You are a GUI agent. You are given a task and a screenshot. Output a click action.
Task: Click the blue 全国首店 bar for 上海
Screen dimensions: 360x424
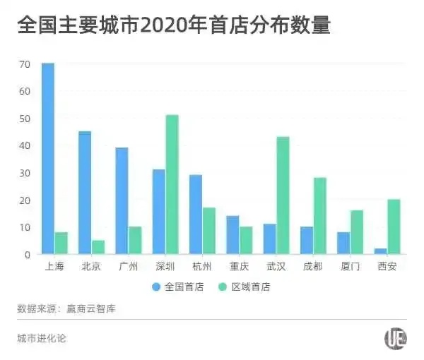tap(48, 159)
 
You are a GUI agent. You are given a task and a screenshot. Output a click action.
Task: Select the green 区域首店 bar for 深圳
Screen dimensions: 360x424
tap(172, 184)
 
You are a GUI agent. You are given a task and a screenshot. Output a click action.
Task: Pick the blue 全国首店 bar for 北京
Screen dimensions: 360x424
tap(85, 193)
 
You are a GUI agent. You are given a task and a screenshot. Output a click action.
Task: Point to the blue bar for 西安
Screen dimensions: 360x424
tap(380, 251)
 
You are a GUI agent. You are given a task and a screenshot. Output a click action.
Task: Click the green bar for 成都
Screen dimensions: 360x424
tap(319, 216)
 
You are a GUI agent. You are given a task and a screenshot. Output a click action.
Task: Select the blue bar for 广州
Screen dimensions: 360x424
tap(122, 201)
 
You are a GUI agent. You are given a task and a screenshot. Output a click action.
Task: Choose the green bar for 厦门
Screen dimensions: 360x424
tap(356, 232)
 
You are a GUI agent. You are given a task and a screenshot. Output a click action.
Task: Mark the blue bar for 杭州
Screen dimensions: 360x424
tap(196, 215)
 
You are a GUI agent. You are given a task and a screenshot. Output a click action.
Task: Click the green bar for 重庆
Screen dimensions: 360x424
tap(245, 240)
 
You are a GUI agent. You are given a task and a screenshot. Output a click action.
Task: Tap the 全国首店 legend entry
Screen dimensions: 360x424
tap(177, 287)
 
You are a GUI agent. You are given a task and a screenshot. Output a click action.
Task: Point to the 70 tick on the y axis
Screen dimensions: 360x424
tap(25, 64)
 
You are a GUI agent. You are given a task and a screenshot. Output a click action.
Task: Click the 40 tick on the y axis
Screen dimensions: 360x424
tap(25, 145)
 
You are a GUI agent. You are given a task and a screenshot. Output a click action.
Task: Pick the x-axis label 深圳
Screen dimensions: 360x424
tap(165, 266)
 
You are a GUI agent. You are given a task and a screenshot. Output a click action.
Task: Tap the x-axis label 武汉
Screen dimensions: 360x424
tap(276, 266)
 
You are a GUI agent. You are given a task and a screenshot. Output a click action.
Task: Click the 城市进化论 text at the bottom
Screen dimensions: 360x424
tap(42, 337)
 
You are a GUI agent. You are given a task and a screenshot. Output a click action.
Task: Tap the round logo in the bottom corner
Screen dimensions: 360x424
tap(395, 339)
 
